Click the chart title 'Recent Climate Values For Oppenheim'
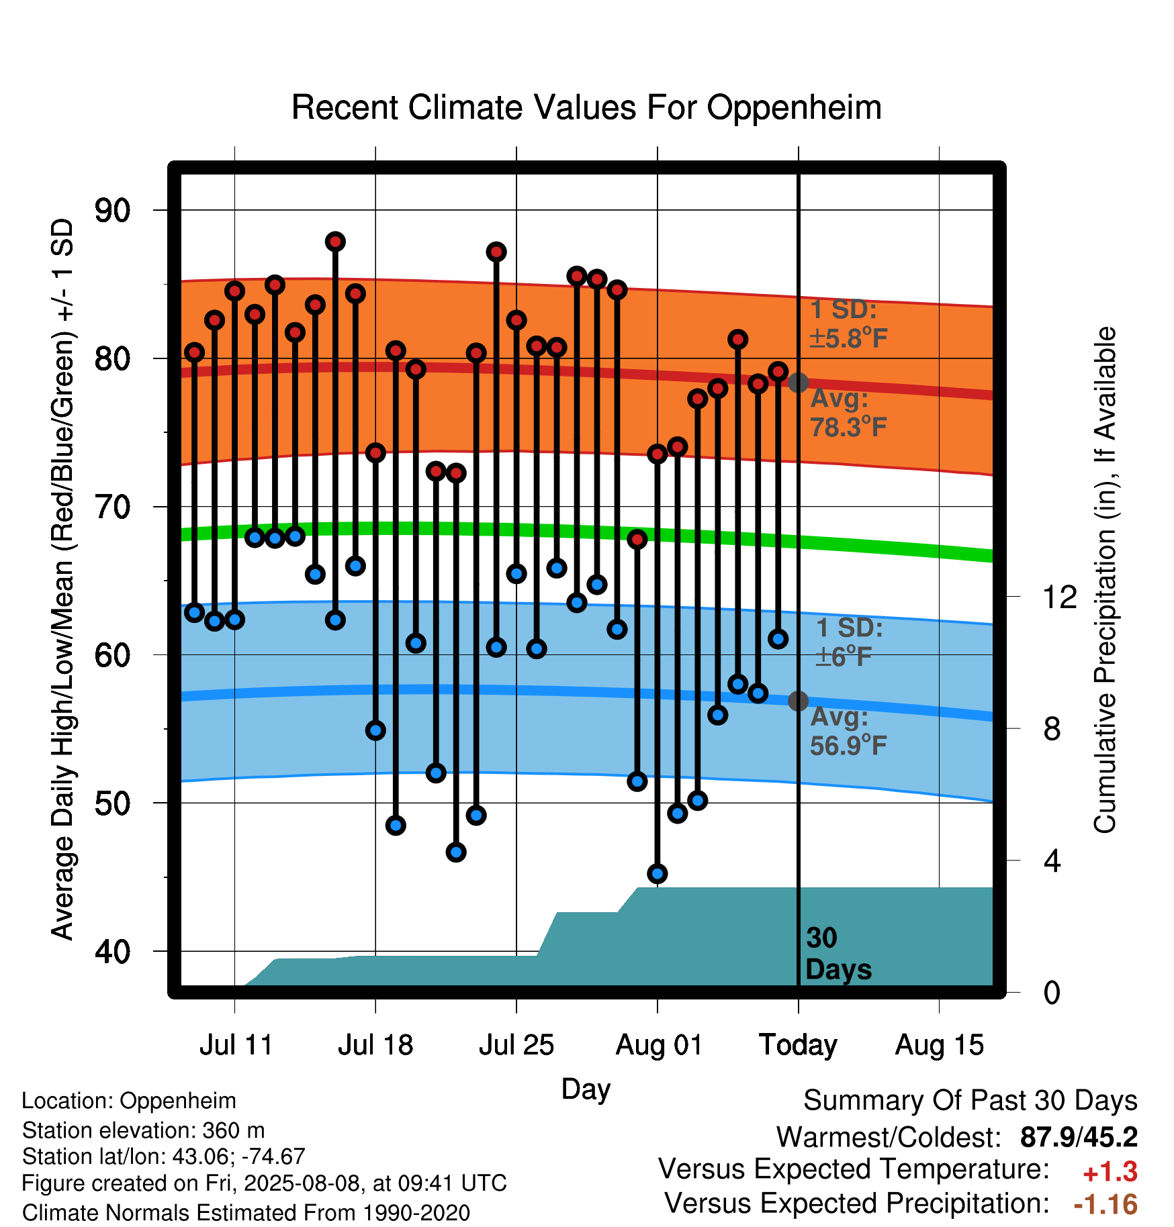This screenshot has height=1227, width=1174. coord(586,107)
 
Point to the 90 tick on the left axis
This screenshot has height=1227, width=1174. coord(113,211)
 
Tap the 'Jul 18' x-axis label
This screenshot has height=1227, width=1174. coord(375,1045)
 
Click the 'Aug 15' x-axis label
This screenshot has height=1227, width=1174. coord(939,1045)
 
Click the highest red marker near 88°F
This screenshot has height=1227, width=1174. coord(335,242)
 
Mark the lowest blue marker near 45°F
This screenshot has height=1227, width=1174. coord(658,874)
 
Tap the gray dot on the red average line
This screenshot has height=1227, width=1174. coord(798,383)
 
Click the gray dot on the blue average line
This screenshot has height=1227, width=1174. coord(798,701)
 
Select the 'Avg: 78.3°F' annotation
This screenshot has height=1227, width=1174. coord(849,412)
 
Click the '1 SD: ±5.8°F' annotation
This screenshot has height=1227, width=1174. coord(849,324)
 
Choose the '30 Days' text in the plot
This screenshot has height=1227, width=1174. coord(838,954)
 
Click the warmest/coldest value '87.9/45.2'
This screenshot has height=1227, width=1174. coord(1079,1137)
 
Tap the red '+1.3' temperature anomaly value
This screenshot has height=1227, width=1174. coord(1110,1172)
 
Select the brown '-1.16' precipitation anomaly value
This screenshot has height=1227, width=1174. coord(1105,1204)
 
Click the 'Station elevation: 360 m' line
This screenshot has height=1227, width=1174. coord(144,1130)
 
